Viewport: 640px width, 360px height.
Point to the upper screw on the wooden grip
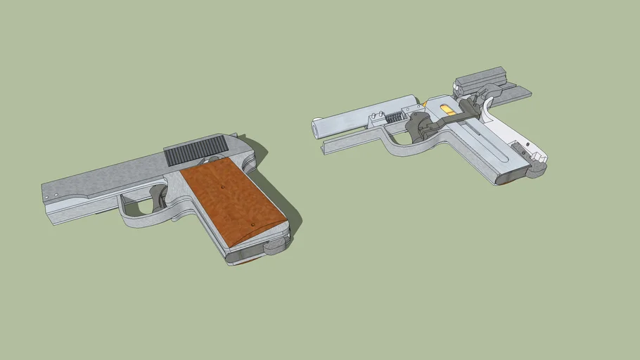click(x=221, y=187)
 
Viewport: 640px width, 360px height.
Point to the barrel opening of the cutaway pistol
click(x=317, y=129)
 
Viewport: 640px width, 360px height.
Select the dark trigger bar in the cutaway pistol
click(x=457, y=123)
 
